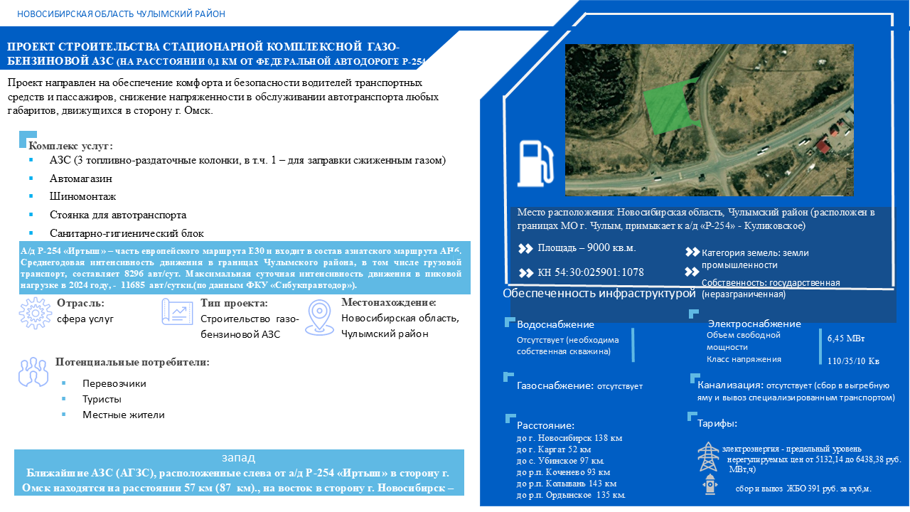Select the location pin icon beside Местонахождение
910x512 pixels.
[x=321, y=316]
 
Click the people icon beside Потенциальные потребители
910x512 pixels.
[x=32, y=370]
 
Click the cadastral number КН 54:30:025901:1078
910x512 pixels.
[x=590, y=272]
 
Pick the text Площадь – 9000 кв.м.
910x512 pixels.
[x=587, y=248]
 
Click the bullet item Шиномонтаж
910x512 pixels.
[x=82, y=196]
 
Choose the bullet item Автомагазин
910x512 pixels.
[x=81, y=178]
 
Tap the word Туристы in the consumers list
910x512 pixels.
[x=102, y=399]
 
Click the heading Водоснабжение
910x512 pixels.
[x=555, y=324]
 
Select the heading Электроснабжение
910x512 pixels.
[x=754, y=324]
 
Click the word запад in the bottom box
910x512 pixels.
[x=239, y=458]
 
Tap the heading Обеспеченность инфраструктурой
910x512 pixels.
[x=599, y=293]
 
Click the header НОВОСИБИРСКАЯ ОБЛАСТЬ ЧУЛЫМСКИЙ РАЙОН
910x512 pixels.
[x=121, y=14]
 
